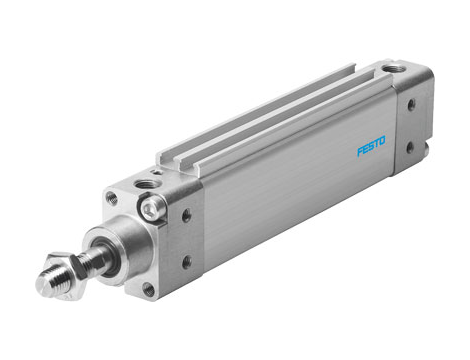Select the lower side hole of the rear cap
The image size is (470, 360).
click(410, 147)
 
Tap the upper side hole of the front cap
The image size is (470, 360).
click(187, 214)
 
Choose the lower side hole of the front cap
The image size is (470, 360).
click(186, 262)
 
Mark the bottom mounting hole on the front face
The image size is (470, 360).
click(149, 289)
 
